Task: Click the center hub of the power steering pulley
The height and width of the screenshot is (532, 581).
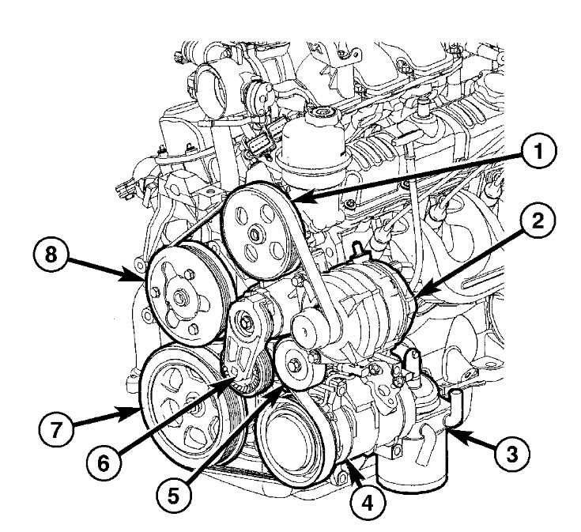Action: [256, 235]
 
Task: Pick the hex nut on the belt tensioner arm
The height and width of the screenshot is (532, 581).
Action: [247, 323]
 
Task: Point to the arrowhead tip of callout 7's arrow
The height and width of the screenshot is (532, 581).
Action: [138, 408]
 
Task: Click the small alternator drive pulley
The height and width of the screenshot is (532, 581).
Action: [307, 326]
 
